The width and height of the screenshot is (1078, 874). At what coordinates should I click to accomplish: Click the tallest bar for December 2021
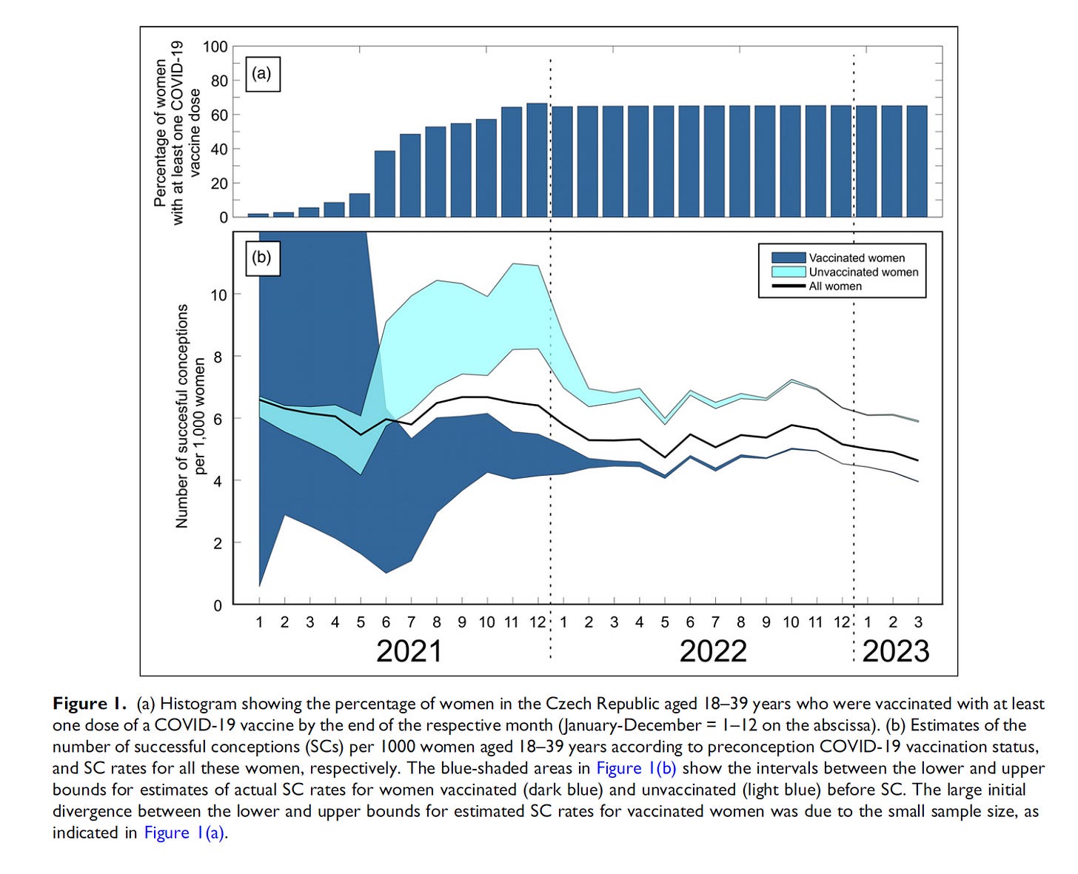click(x=537, y=160)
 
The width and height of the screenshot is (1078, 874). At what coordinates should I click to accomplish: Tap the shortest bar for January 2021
click(x=258, y=215)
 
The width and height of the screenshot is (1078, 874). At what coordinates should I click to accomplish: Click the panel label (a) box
click(x=261, y=74)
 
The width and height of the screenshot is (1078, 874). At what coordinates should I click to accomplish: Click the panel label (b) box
click(x=261, y=258)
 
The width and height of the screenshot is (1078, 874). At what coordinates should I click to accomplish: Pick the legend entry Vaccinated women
click(x=856, y=258)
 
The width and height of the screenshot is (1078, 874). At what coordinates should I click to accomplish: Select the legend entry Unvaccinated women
click(x=863, y=272)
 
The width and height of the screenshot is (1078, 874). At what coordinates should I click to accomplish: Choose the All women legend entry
click(x=834, y=286)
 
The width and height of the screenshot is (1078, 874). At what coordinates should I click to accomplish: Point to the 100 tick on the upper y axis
click(x=215, y=47)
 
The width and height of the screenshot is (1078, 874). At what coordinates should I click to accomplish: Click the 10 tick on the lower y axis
click(x=218, y=295)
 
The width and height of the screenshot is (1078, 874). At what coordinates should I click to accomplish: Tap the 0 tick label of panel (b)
click(x=218, y=605)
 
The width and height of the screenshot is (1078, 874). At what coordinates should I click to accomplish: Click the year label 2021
click(x=409, y=651)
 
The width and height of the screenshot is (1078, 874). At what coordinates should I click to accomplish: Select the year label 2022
click(x=713, y=651)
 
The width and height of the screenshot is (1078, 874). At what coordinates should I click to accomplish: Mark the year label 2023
click(x=895, y=651)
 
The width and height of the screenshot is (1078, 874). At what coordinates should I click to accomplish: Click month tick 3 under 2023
click(x=918, y=622)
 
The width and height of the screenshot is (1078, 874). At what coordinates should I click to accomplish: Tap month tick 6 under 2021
click(x=386, y=622)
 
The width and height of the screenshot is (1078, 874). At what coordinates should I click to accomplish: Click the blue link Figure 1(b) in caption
click(x=636, y=768)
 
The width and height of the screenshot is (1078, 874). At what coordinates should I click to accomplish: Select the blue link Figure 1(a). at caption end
click(x=185, y=833)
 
